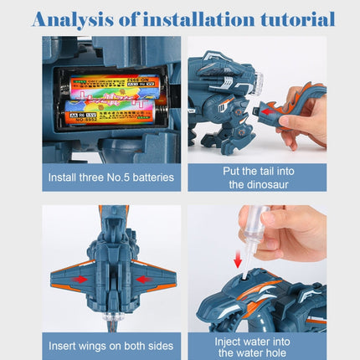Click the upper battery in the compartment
click(110, 86)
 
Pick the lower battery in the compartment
click(110, 110)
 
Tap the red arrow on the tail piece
click(270, 106)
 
